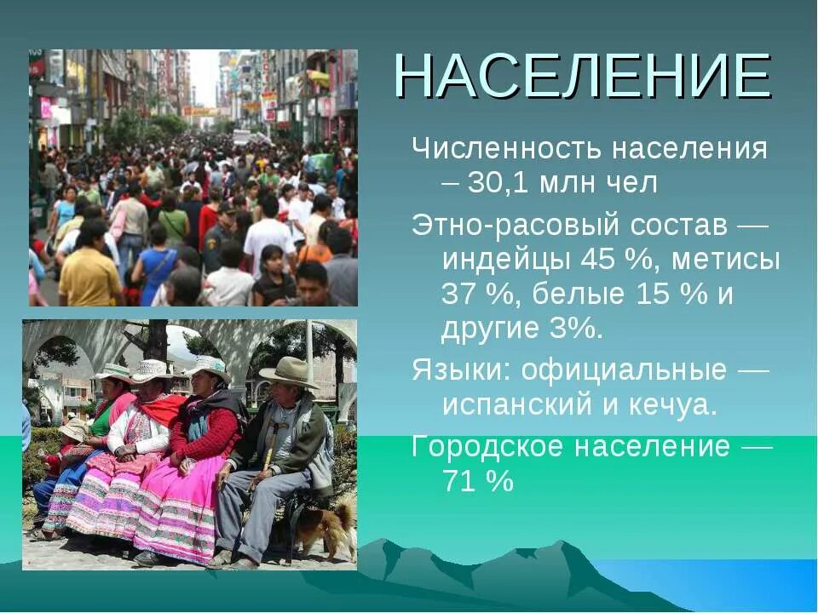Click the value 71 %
[478, 482]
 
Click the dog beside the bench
[327, 526]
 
